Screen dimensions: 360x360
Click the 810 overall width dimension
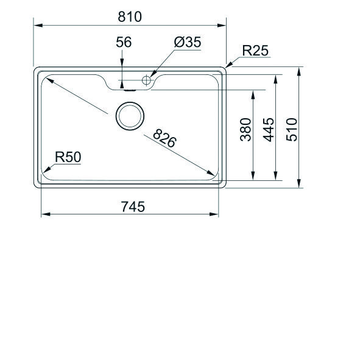click(x=130, y=16)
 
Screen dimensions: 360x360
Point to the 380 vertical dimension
click(x=245, y=129)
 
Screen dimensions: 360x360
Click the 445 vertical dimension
click(x=269, y=129)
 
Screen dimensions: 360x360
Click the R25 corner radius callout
click(x=255, y=51)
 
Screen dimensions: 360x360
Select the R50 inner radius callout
click(x=68, y=157)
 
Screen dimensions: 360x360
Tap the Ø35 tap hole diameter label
click(x=187, y=42)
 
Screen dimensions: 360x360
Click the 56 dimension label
click(x=124, y=42)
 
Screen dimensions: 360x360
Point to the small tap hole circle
click(x=146, y=79)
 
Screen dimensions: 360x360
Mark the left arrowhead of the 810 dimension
click(x=36, y=26)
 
